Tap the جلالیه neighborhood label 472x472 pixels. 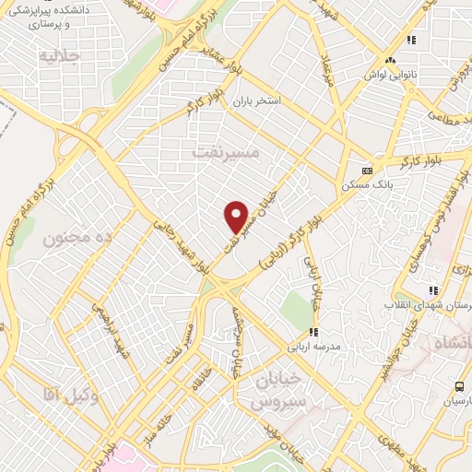point(61,56)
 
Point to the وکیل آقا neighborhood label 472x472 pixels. point(70,394)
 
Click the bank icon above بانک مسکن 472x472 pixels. point(367,171)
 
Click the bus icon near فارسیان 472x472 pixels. point(459,387)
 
